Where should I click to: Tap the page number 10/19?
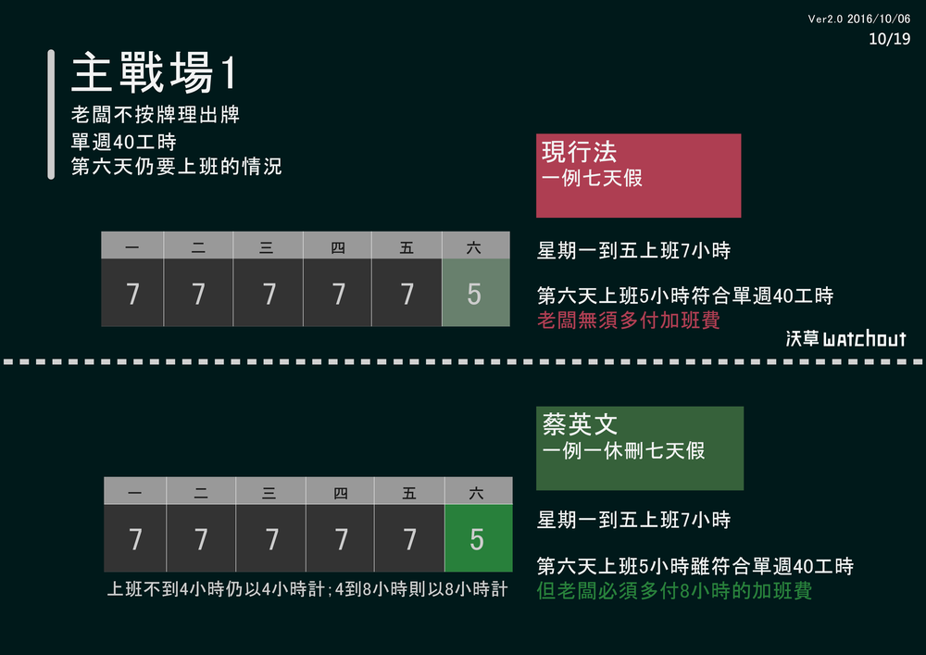click(890, 39)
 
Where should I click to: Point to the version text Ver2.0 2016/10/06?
click(858, 19)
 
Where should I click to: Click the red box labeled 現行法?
click(638, 175)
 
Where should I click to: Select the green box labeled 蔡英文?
click(639, 448)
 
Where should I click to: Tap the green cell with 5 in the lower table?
click(478, 538)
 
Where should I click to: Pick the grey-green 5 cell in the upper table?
click(475, 293)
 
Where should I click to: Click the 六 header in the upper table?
click(475, 246)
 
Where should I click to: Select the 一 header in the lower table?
click(135, 493)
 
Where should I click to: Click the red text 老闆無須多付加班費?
click(629, 321)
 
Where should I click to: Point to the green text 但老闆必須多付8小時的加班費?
click(674, 590)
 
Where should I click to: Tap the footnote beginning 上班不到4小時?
click(307, 589)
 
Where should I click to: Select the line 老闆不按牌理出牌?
click(156, 116)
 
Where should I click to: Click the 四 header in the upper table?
click(337, 246)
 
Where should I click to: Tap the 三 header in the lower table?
click(269, 493)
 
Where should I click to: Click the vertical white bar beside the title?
click(52, 114)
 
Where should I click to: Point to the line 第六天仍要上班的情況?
click(177, 168)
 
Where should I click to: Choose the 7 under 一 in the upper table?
click(132, 293)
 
